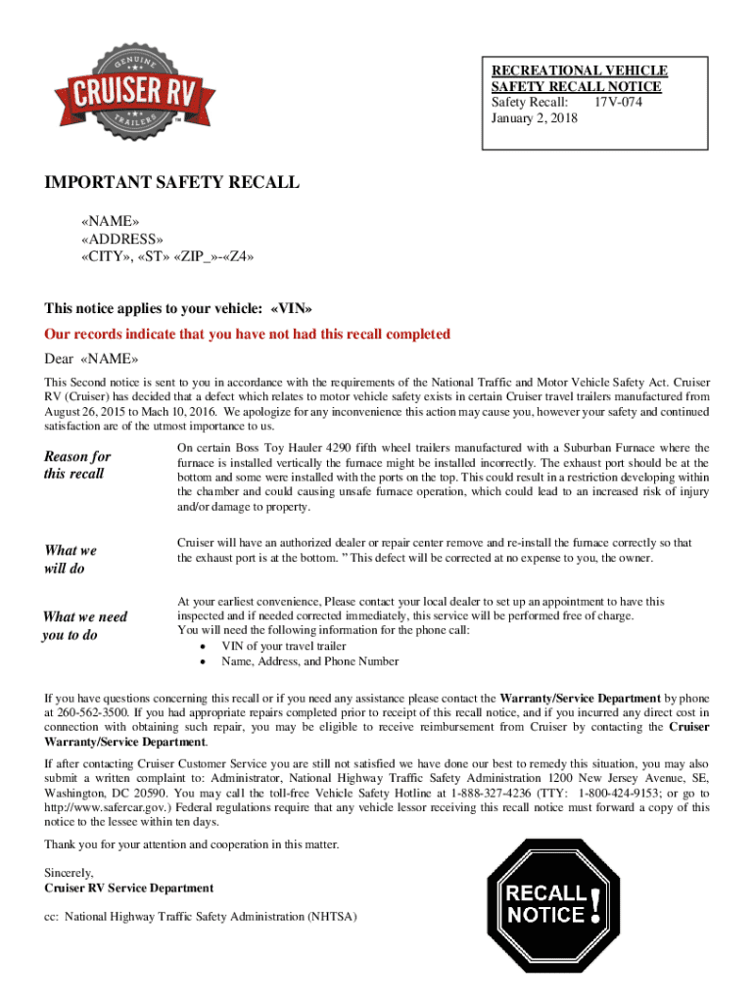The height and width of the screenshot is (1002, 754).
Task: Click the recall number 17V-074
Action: click(618, 103)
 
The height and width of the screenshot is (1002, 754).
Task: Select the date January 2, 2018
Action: click(534, 118)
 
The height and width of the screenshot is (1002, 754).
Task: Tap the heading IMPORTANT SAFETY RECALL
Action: click(171, 183)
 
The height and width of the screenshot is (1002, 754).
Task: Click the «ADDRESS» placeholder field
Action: click(122, 240)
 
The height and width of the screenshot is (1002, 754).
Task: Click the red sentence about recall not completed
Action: click(248, 335)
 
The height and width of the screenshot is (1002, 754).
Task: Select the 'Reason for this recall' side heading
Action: click(78, 465)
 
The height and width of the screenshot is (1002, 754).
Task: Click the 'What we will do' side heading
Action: click(71, 559)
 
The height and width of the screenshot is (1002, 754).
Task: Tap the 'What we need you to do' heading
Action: click(84, 625)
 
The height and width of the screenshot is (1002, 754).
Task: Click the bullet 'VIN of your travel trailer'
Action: click(284, 646)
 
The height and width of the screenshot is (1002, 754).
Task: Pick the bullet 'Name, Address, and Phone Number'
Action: click(309, 661)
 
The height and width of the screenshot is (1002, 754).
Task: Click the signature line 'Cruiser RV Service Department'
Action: click(129, 888)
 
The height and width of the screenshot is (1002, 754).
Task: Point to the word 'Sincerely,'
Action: click(70, 873)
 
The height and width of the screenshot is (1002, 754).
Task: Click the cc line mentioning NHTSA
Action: click(201, 918)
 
